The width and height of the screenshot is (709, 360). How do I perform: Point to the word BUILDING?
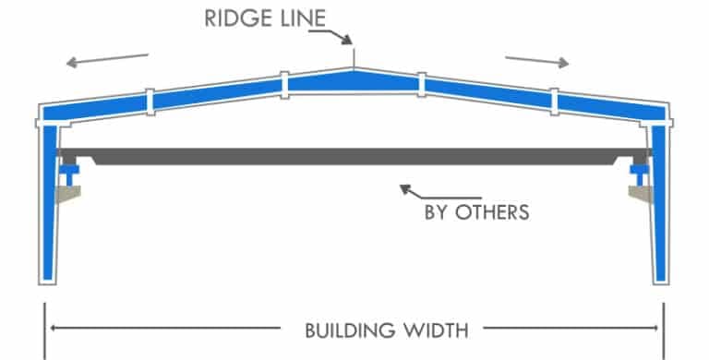coord(341,328)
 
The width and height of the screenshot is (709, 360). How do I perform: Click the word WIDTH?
coord(435,328)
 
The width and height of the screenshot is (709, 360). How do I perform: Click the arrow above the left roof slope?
coord(107,60)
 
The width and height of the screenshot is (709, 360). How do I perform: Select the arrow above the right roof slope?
coord(536,60)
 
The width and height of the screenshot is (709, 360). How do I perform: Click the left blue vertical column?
coord(49,203)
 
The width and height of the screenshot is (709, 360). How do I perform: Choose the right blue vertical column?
coord(658,203)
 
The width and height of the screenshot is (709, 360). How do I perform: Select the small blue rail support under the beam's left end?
coord(70,172)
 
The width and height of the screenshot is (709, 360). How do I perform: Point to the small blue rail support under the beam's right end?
coord(638,172)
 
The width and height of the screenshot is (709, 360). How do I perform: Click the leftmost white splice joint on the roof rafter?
coord(149,100)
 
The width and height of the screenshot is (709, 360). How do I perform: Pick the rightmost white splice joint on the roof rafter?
coord(555,100)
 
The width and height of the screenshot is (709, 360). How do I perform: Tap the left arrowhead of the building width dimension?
coord(54,328)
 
